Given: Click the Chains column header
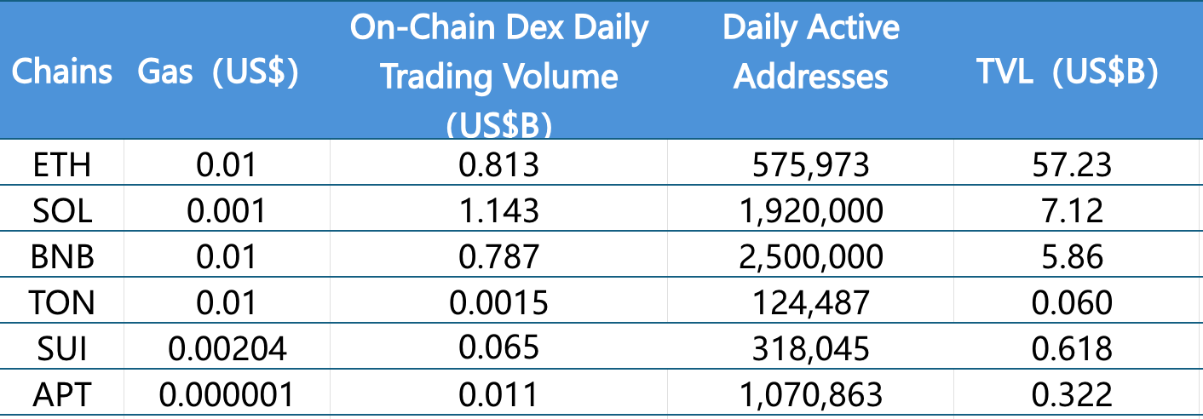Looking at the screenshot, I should pos(61,72).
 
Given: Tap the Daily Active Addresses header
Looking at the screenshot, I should pos(810,52).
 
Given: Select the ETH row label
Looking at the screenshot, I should pos(61,164).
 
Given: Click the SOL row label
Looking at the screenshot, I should pos(61,209).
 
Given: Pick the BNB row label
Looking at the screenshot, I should pos(61,255).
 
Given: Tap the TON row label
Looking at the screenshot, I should pos(61,302).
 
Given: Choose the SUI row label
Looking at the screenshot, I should pos(61,348).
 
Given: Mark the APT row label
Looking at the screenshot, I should pos(61,394).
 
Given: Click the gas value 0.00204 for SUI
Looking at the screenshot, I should pos(227,348).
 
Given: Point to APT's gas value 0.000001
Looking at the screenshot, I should pos(227,394).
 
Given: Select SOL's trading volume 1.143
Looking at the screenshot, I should pos(498,209).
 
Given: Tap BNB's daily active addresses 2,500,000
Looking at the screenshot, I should pos(811,255).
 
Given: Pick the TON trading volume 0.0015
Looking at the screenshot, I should pos(498,302).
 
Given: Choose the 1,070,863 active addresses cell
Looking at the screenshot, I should pos(811,394).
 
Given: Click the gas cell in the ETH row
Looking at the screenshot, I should pos(227,164).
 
